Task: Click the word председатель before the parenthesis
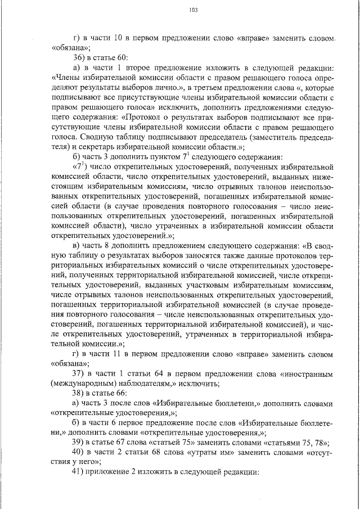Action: [208, 136]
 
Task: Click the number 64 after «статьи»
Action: [159, 374]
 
